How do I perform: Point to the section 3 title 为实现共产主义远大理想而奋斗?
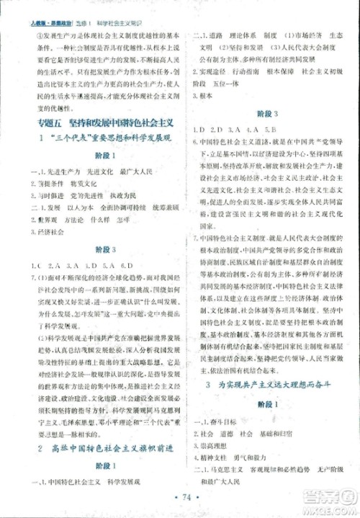pos(271,384)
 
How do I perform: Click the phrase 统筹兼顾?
pos(143,208)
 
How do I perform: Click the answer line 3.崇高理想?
pos(216,447)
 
